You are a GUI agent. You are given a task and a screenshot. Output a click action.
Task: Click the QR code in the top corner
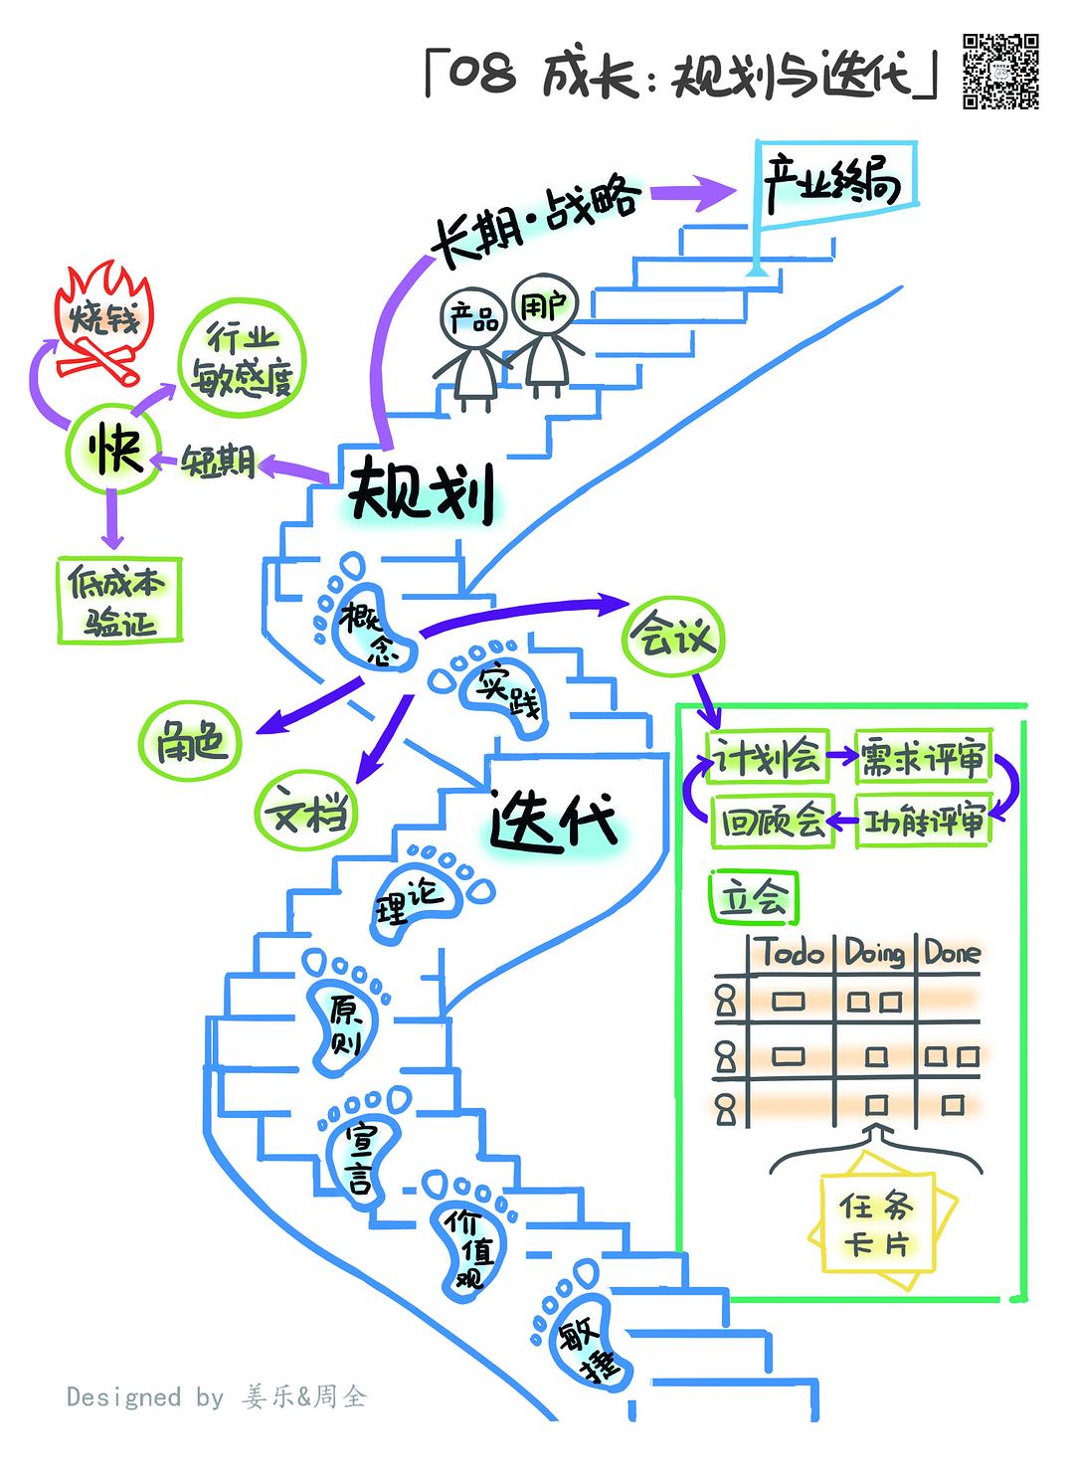point(1000,71)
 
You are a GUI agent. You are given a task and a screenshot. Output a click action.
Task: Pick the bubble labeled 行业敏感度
point(242,359)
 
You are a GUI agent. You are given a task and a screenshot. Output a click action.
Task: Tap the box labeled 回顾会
point(773,822)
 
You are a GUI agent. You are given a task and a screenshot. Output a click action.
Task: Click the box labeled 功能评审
point(924,822)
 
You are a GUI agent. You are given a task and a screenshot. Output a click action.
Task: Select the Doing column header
point(875,953)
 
